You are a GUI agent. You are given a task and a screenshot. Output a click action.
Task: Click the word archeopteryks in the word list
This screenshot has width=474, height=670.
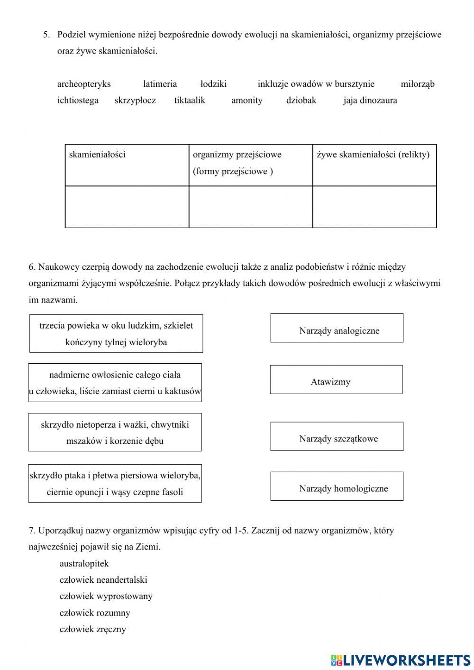pos(84,84)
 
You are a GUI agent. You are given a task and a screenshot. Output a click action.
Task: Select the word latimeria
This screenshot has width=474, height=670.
pos(160,84)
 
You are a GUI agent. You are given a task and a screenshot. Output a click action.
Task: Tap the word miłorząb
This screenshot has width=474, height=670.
pos(417,84)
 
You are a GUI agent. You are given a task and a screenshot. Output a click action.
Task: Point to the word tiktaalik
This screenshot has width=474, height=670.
pos(190,100)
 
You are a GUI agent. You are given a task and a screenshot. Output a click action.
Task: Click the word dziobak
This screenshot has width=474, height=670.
pos(301,100)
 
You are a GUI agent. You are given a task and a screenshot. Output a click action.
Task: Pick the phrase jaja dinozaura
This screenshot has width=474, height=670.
pos(370,100)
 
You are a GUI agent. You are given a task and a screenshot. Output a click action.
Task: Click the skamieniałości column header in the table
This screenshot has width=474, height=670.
pos(97,155)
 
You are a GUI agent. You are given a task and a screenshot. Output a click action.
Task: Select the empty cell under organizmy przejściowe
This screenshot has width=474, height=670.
pos(251,207)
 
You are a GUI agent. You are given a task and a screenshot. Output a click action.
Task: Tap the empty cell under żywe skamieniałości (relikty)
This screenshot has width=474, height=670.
pos(374,207)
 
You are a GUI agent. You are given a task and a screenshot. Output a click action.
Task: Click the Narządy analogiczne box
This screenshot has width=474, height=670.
pos(337,328)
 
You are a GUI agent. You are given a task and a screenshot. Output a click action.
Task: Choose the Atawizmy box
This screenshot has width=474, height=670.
pos(336,380)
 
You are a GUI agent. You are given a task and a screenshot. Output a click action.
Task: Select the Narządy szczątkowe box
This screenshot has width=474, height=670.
pos(337,436)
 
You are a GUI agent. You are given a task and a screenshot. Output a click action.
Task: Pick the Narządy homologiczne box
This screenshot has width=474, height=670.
pos(337,486)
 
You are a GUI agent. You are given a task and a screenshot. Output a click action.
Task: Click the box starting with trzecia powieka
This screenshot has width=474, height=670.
pos(116,333)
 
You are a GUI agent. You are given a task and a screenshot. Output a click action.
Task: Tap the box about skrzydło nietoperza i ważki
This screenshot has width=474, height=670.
pos(115,432)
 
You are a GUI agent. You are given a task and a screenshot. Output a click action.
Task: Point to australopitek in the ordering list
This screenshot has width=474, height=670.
pos(84,563)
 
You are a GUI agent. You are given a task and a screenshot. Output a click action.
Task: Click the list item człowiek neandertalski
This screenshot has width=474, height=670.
pos(103,579)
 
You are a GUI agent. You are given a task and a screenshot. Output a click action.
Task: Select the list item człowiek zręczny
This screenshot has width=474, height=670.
pos(93,629)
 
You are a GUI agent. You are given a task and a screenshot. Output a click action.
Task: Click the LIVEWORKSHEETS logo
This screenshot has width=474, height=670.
pos(401,660)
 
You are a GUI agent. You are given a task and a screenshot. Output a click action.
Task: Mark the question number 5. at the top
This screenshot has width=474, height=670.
pos(46,35)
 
